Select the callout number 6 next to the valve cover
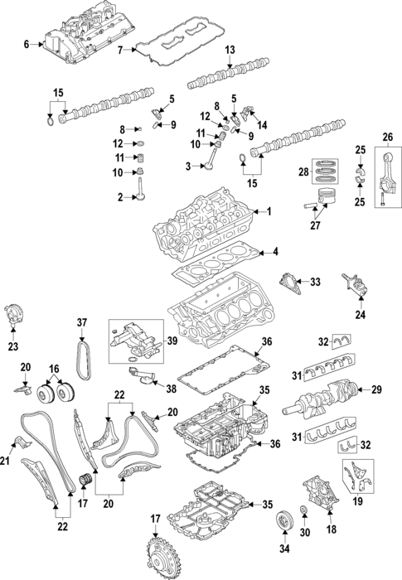27,44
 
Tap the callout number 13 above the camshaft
230,51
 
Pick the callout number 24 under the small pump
361,315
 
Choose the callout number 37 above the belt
82,322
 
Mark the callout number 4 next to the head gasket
274,251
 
